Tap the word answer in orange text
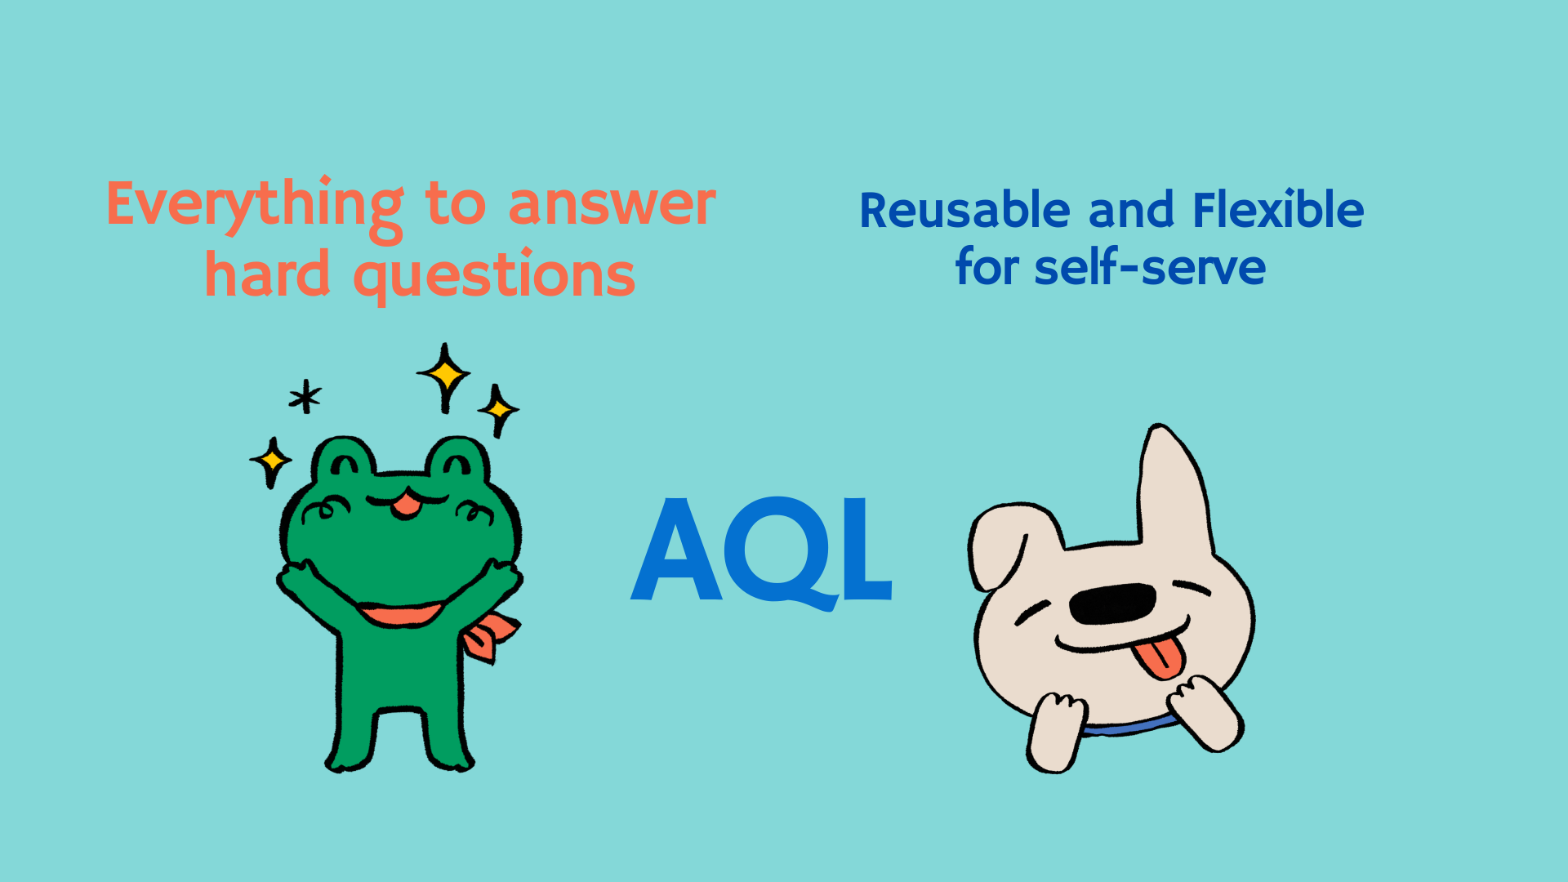click(x=612, y=204)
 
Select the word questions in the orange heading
click(x=494, y=276)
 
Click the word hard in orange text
click(x=268, y=273)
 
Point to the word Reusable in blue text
click(x=964, y=210)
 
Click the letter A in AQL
click(x=677, y=549)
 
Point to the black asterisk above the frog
click(x=305, y=397)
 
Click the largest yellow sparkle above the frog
click(x=444, y=376)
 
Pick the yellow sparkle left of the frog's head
click(x=271, y=461)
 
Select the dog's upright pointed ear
click(x=1174, y=490)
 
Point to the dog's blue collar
click(x=1131, y=727)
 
